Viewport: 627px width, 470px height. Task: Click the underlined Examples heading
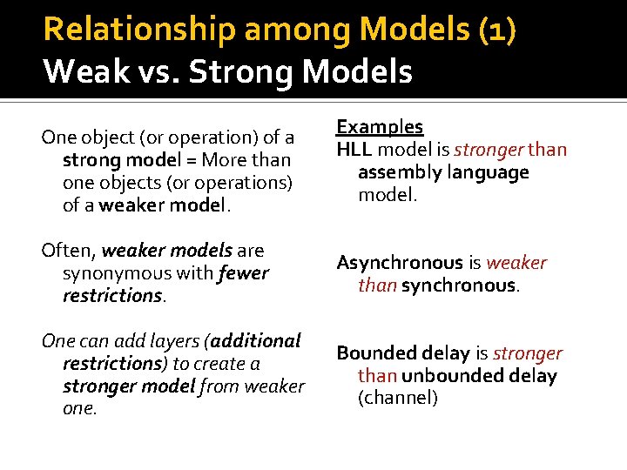click(x=380, y=127)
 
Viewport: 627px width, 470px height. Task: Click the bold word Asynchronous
click(x=400, y=263)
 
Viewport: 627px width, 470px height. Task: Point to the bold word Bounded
click(x=369, y=353)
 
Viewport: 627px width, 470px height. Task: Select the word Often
click(x=68, y=251)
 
